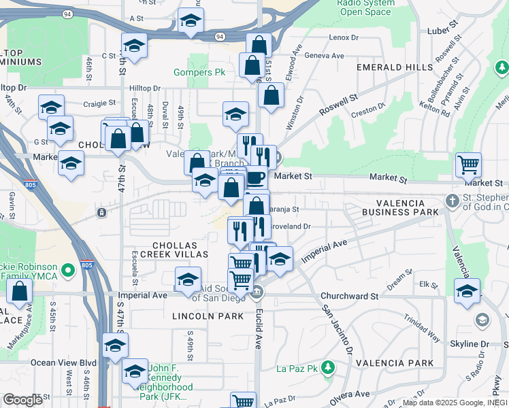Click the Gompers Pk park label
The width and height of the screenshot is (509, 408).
pos(199,71)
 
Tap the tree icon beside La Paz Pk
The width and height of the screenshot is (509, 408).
pos(328,368)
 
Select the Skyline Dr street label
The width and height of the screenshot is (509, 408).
pos(475,345)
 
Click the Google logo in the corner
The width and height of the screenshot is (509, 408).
pos(22,400)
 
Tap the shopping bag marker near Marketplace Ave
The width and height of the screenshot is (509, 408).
pos(20,291)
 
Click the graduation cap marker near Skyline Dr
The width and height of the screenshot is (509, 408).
pos(467,290)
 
